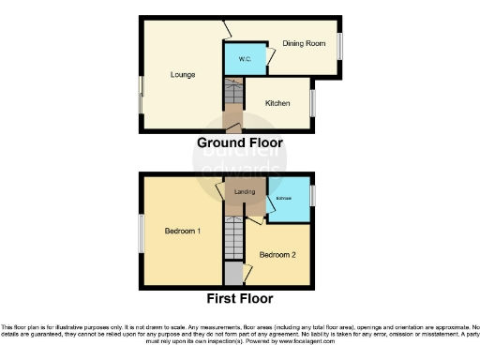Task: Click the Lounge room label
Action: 182,74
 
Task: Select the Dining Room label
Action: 303,43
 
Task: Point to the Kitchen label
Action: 277,102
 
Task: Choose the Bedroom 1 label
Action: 182,231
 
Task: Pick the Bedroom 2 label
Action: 277,254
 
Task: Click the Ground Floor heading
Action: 239,142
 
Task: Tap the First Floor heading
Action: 240,299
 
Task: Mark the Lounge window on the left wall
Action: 141,96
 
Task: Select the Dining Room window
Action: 339,46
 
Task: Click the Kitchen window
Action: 313,102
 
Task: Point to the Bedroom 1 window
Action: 141,233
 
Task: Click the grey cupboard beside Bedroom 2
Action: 232,275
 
